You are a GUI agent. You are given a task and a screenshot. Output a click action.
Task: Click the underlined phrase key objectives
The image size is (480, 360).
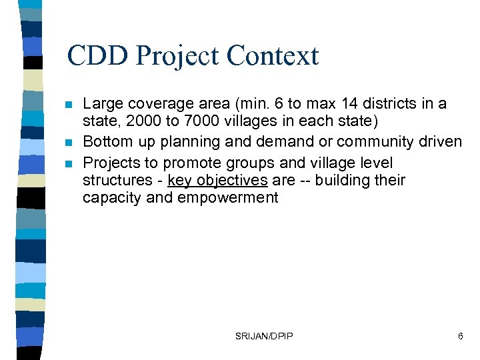point(217,181)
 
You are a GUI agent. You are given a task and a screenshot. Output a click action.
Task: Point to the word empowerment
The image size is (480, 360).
point(228,198)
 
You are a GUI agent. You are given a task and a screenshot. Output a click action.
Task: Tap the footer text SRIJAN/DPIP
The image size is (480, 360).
point(263,336)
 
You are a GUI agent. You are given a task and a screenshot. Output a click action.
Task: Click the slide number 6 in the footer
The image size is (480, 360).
point(460,336)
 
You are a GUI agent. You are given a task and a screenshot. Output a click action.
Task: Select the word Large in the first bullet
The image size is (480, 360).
point(103,104)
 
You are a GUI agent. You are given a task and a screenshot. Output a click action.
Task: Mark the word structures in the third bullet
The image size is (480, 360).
point(117,181)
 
